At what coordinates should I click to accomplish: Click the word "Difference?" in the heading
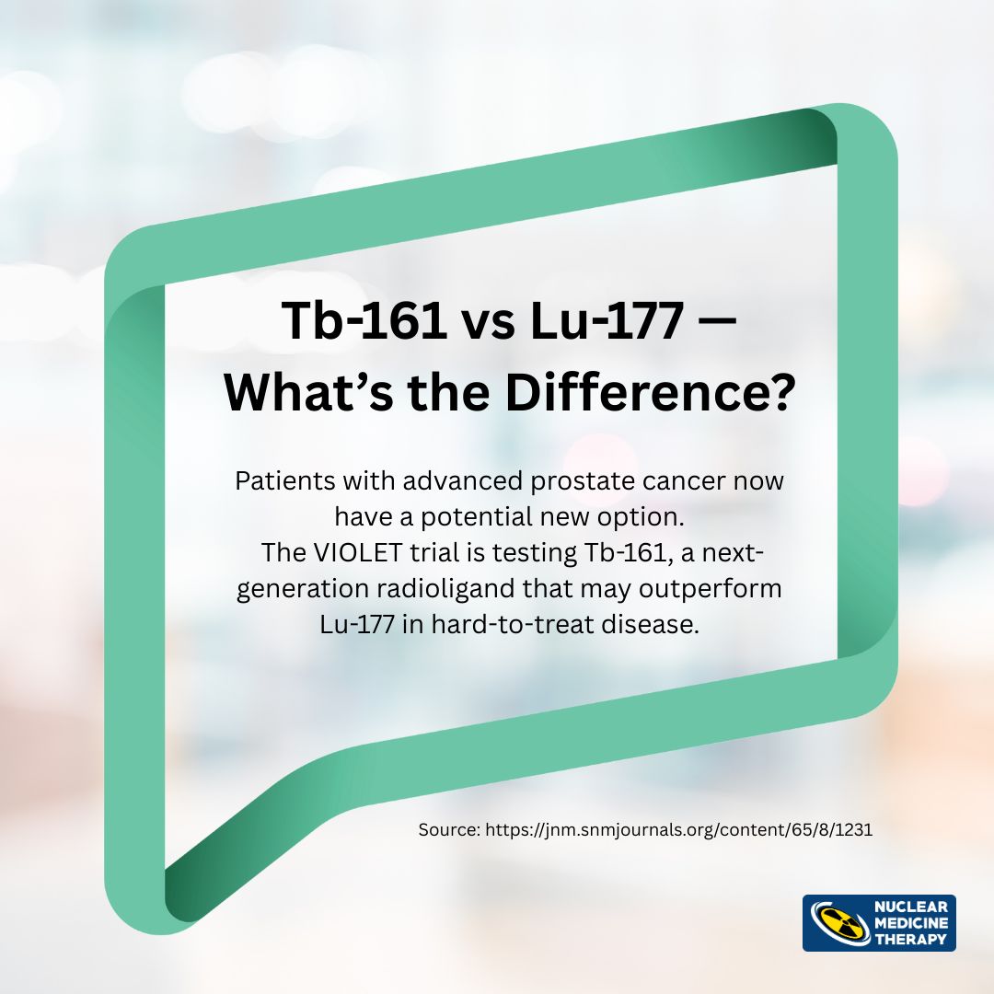coord(649,392)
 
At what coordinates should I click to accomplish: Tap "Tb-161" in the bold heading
coord(364,320)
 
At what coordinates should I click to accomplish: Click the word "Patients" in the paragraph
coord(285,480)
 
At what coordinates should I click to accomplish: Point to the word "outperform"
coord(710,589)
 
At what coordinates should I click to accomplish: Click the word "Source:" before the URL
coord(449,830)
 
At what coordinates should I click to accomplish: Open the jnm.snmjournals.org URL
coord(679,830)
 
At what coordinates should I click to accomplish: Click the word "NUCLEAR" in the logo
coord(911,907)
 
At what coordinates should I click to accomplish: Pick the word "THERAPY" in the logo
coord(911,939)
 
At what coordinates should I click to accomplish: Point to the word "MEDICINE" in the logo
coord(911,923)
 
